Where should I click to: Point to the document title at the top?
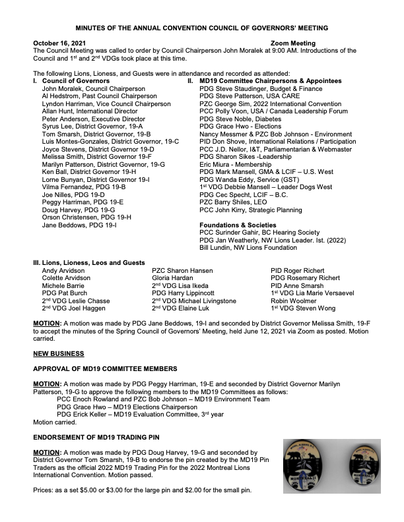click(x=202, y=28)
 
